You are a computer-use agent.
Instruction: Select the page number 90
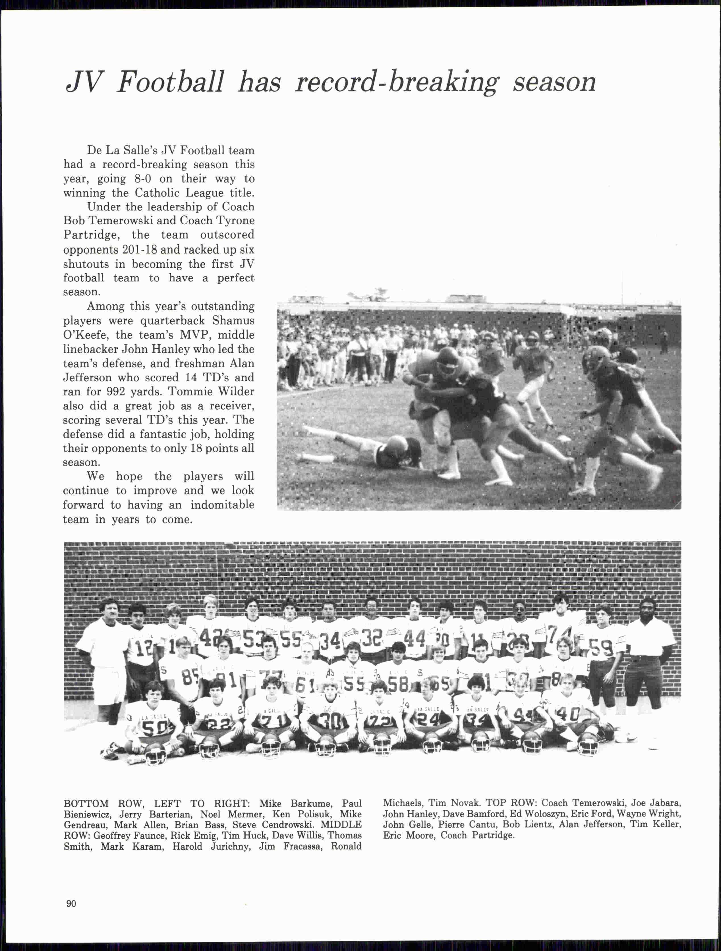pyautogui.click(x=71, y=903)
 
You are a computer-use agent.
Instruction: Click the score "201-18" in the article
pyautogui.click(x=132, y=249)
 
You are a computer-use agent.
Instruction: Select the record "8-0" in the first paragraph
pyautogui.click(x=142, y=179)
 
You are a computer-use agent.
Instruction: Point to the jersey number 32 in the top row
pyautogui.click(x=372, y=639)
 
